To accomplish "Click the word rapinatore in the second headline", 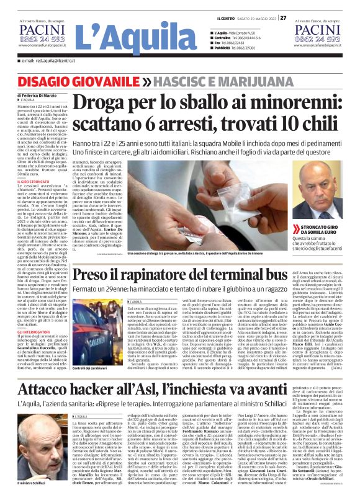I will [x=153, y=275].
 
